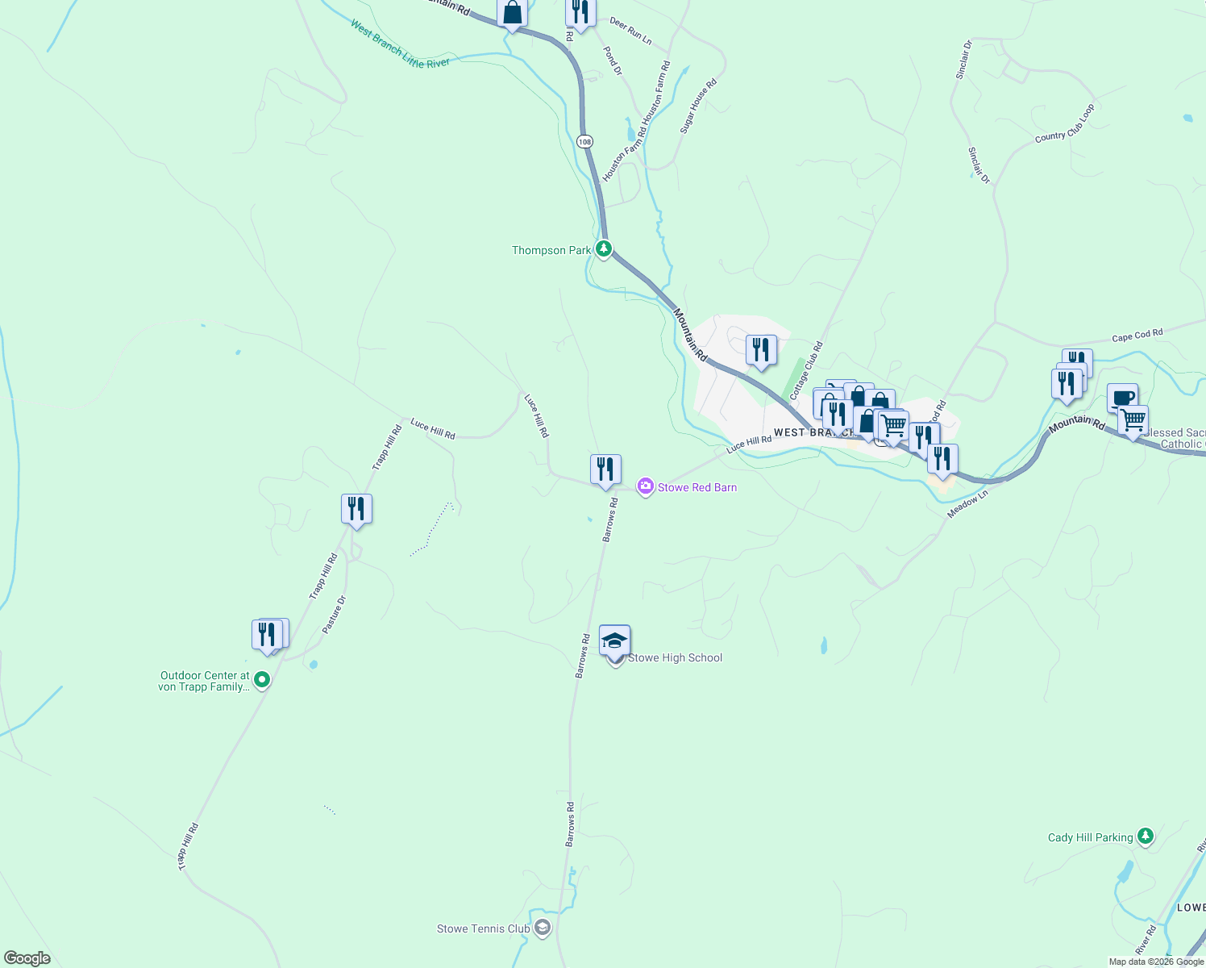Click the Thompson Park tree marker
point(603,249)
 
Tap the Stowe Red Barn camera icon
point(645,486)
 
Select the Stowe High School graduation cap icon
point(614,640)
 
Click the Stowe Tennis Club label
point(483,928)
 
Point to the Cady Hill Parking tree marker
point(1145,837)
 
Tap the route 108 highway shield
point(584,141)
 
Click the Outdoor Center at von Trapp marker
point(262,680)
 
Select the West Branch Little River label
point(399,44)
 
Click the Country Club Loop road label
point(1065,124)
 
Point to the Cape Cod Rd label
point(1137,335)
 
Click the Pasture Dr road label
point(334,615)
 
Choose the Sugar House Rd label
point(698,106)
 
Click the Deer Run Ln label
point(630,31)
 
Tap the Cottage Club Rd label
point(806,370)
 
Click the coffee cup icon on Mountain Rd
point(1122,397)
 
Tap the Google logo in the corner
point(27,958)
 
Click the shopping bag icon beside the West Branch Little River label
point(512,14)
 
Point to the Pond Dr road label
point(613,61)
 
